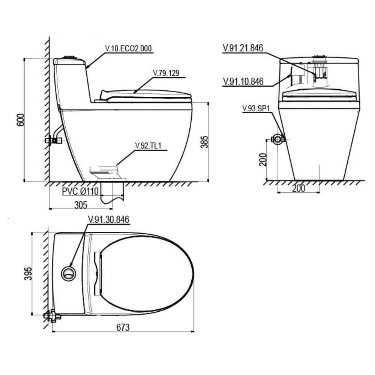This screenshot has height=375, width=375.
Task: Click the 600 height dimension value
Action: [x=21, y=120]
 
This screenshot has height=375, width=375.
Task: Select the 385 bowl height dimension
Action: [x=204, y=142]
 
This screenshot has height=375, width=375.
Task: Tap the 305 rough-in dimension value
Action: [x=81, y=205]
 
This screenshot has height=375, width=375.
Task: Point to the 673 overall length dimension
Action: [x=123, y=327]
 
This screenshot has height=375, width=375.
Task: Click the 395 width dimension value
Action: [x=28, y=274]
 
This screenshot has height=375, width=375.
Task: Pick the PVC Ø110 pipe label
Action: [x=80, y=191]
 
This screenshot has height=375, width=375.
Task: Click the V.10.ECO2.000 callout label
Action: [x=128, y=48]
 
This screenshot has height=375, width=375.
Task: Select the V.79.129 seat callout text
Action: [x=166, y=73]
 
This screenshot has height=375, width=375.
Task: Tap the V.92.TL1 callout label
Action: [x=148, y=145]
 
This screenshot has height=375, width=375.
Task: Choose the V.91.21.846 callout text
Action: [x=243, y=48]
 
